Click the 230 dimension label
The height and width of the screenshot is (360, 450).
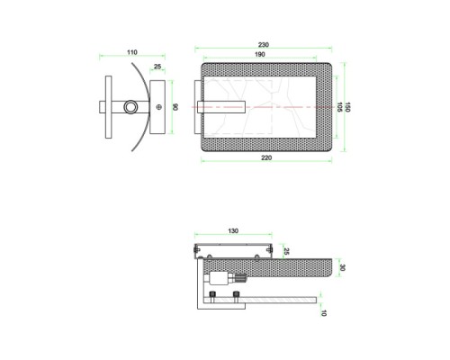[264, 45]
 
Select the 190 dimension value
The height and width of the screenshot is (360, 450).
[260, 54]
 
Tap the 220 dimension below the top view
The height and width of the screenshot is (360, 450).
[266, 157]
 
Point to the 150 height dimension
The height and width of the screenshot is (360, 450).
[347, 107]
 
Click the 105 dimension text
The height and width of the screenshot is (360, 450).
[340, 107]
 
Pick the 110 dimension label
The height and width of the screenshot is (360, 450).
[132, 52]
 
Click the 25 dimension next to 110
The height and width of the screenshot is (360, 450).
[157, 67]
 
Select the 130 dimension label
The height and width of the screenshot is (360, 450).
[233, 231]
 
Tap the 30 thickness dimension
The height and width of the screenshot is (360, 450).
[342, 267]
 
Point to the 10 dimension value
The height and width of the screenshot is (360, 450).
[323, 313]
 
